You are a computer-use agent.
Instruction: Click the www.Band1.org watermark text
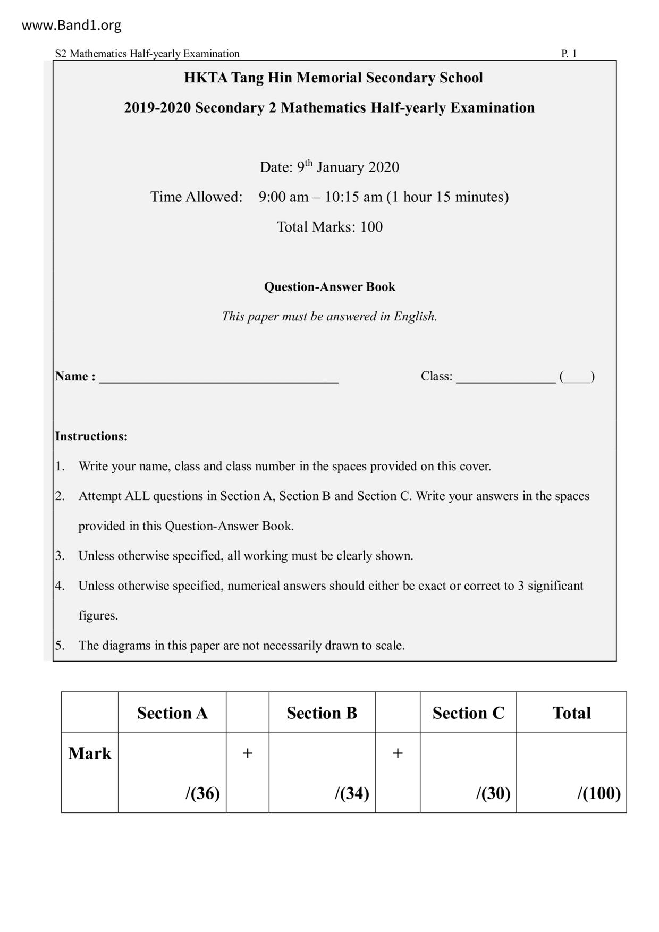coord(71,25)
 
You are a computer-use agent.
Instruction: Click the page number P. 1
coord(569,54)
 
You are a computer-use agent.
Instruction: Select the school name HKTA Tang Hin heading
coord(333,78)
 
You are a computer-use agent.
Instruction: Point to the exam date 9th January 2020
coord(329,167)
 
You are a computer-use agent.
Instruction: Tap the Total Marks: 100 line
coord(329,227)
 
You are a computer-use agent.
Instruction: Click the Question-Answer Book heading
coord(329,287)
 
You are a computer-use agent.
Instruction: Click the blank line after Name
coord(218,378)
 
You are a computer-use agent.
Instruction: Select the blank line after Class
coord(505,378)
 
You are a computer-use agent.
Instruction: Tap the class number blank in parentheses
coord(577,378)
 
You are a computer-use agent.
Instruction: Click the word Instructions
coord(91,437)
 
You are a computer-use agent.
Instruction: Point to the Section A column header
coord(172,713)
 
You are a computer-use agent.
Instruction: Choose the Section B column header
coord(322,713)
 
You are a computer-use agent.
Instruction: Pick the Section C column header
coord(468,713)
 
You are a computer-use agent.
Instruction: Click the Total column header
coord(571,713)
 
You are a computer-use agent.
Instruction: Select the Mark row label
coord(90,753)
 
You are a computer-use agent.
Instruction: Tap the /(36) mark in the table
coord(202,793)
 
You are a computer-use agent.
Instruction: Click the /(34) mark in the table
coord(352,793)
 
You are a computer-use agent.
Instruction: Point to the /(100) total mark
coord(599,793)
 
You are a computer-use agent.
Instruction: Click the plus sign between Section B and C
coord(397,753)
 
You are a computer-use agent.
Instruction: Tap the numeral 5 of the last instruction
coord(59,646)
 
